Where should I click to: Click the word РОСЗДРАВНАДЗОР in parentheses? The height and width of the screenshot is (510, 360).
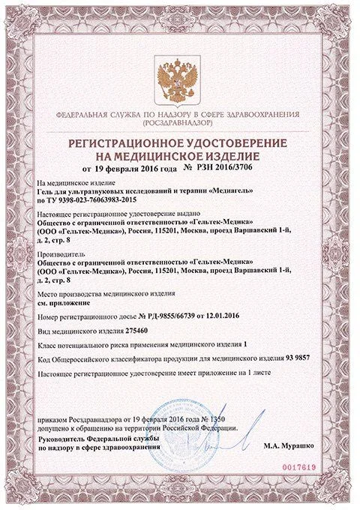pyautogui.click(x=180, y=122)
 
